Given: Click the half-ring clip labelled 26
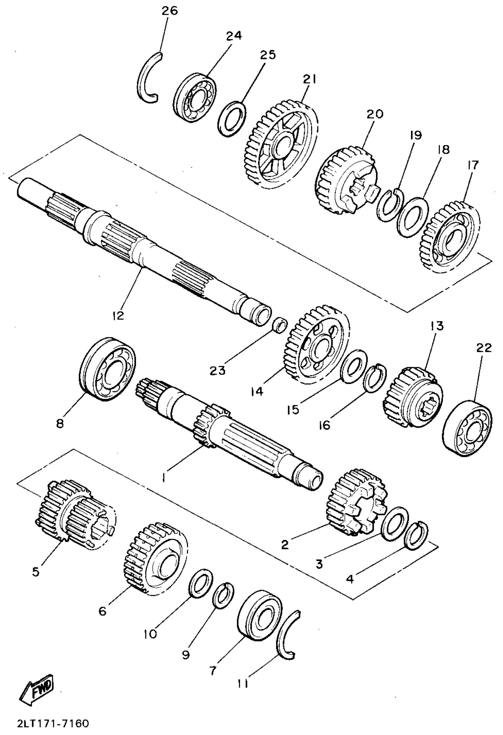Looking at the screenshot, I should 146,77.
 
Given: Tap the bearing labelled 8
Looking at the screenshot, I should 107,369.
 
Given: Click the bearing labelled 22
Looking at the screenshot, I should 468,428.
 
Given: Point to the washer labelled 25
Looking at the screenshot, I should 232,119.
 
